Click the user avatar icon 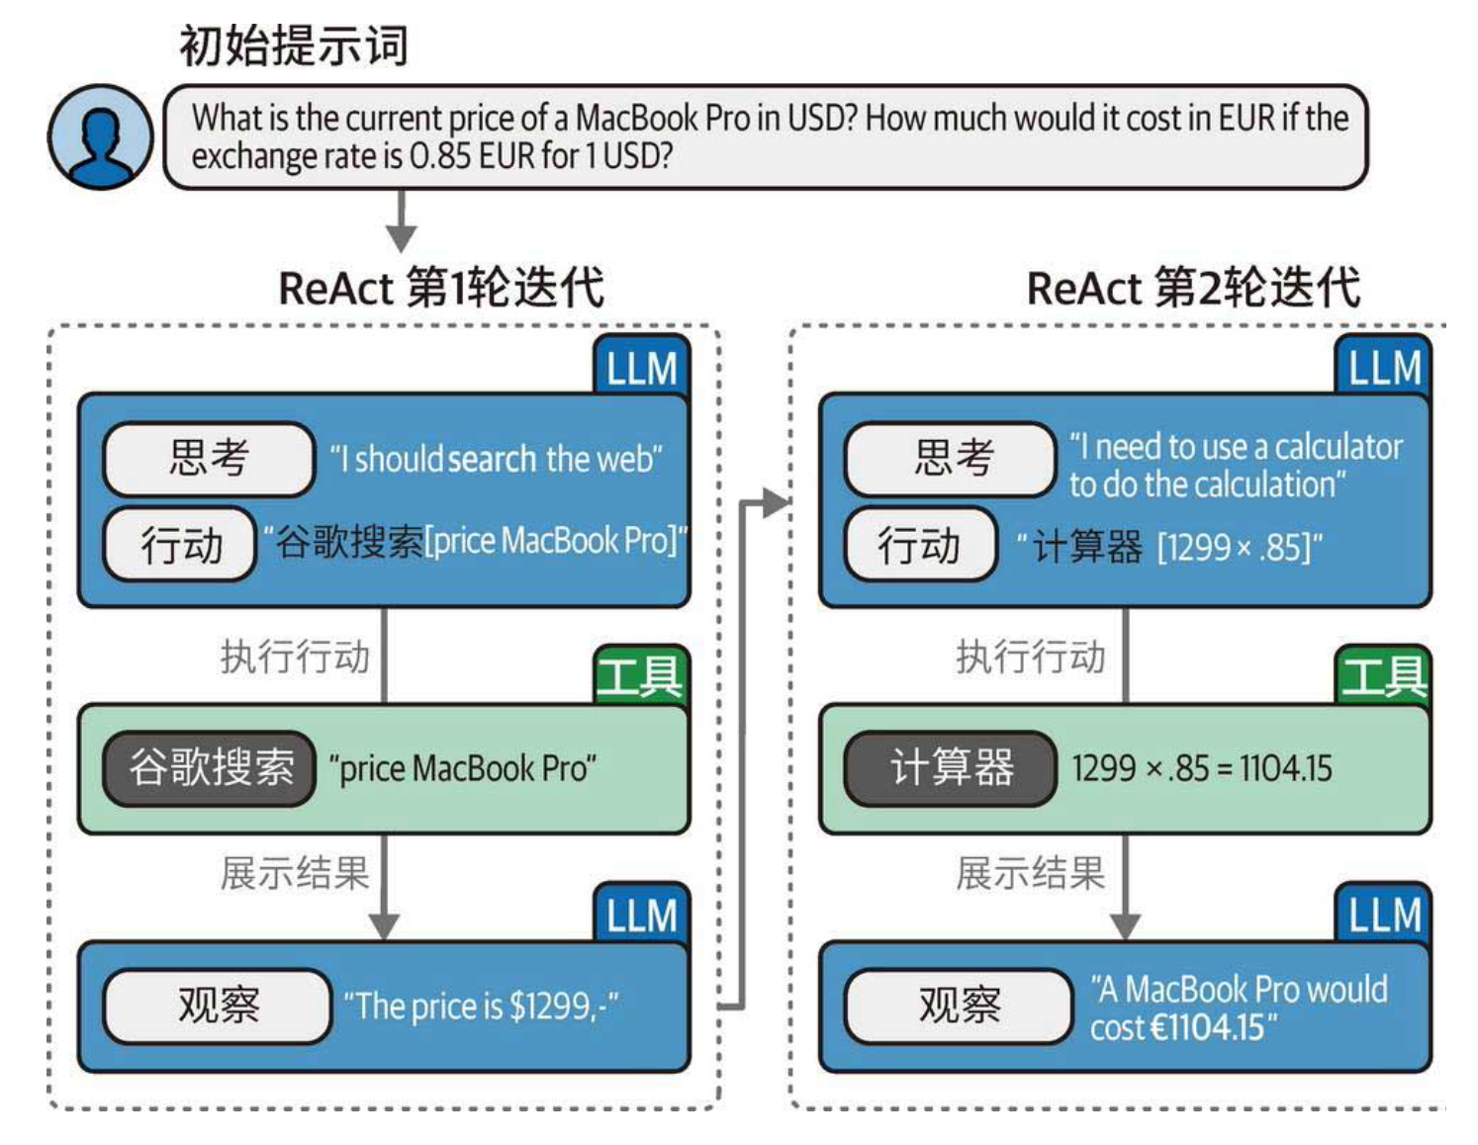[x=100, y=136]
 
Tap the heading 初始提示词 [x=293, y=45]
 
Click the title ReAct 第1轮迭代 [x=441, y=288]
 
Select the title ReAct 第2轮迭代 [x=1193, y=288]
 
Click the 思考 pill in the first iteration [x=209, y=458]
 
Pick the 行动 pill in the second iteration [x=919, y=545]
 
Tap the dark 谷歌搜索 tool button [x=210, y=768]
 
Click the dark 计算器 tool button [x=951, y=768]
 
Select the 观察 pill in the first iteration [x=218, y=1006]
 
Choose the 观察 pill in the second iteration [x=959, y=1006]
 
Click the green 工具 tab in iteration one [x=640, y=676]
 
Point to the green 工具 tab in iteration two [x=1383, y=676]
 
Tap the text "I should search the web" [x=496, y=459]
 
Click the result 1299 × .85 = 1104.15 [x=1202, y=768]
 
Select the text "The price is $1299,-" [x=481, y=1007]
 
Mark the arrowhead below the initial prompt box [x=401, y=237]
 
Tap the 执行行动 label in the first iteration [x=295, y=657]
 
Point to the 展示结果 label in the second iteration [x=1030, y=873]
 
